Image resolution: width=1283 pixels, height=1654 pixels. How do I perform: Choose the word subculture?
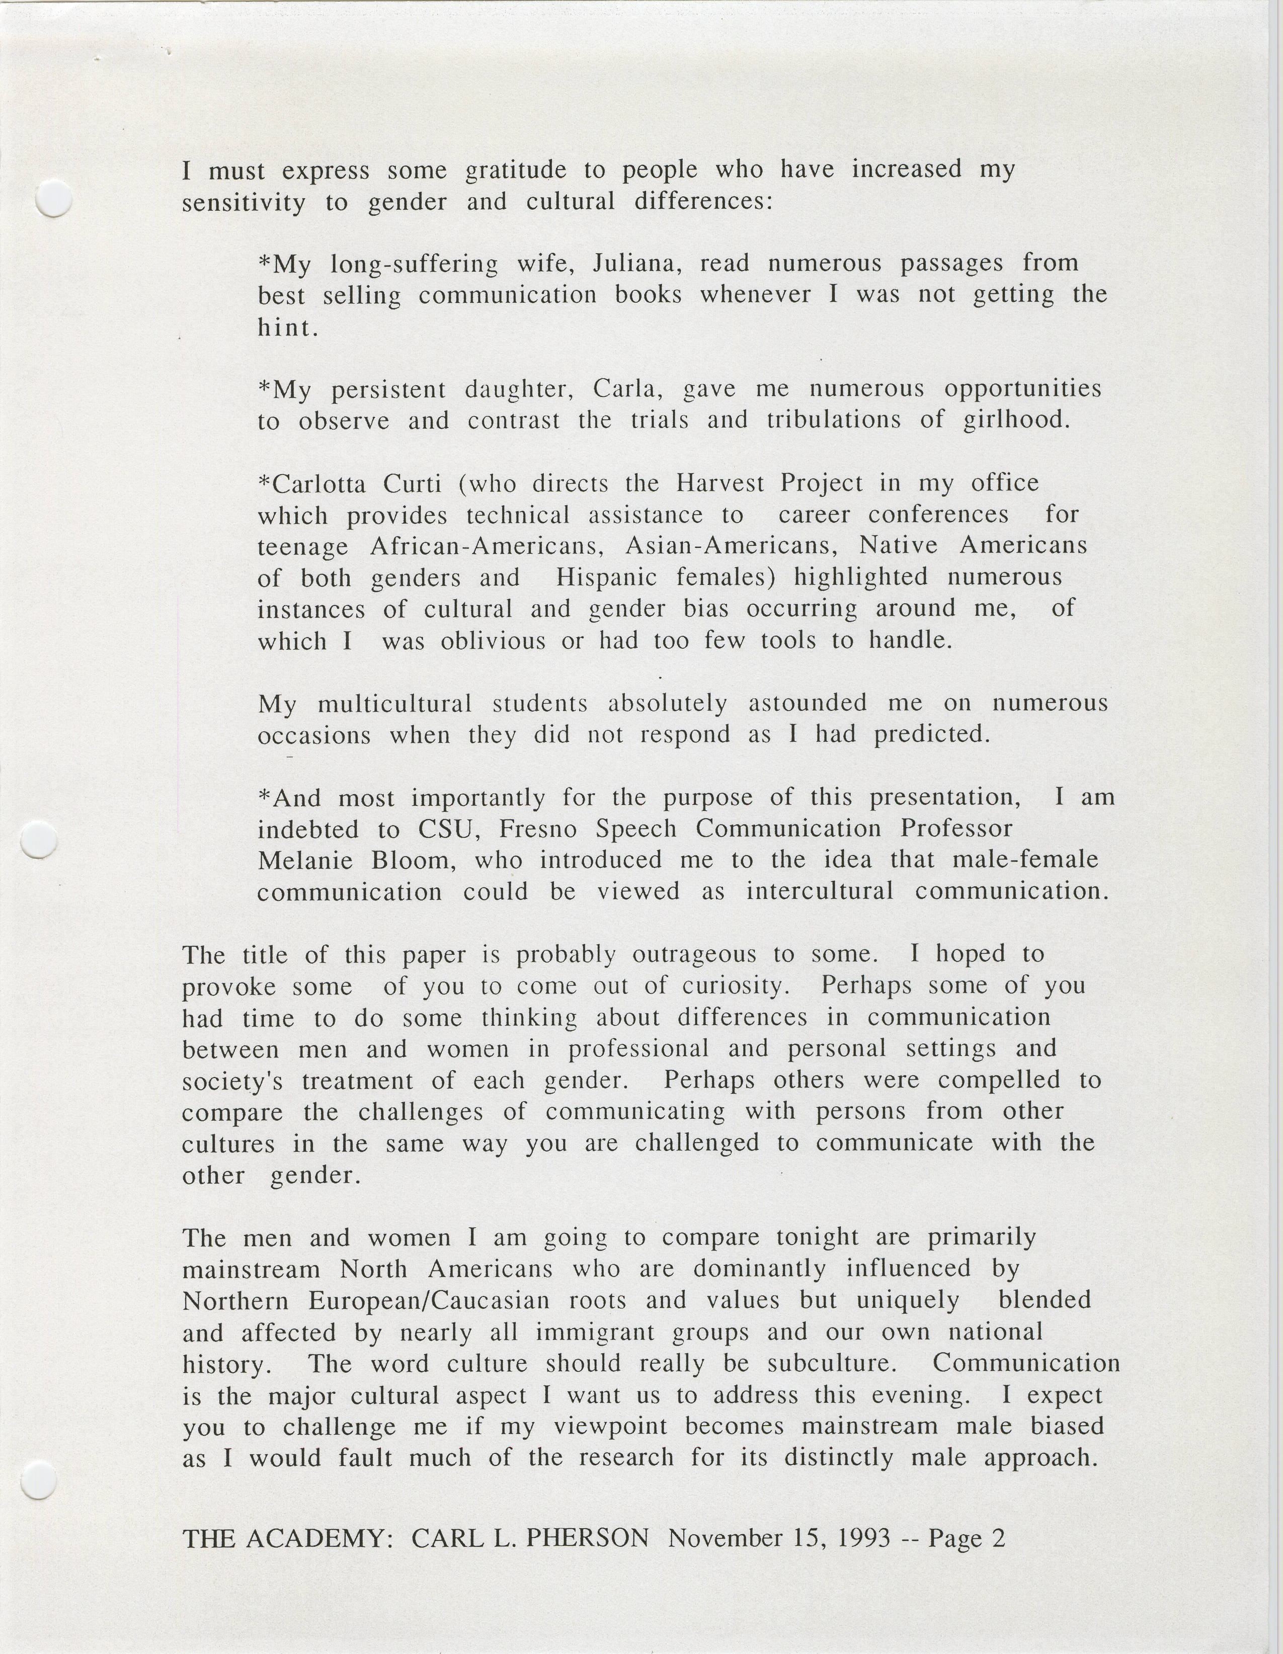831,1363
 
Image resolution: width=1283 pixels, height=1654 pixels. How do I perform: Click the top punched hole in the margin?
54,198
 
